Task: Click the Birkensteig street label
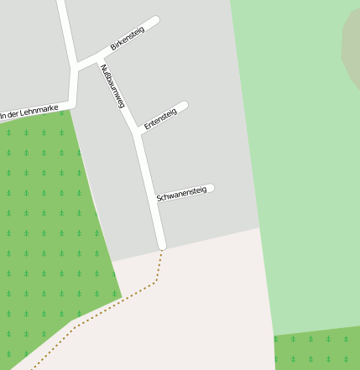(x=128, y=38)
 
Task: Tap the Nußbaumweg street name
(x=112, y=86)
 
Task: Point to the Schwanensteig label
(x=181, y=194)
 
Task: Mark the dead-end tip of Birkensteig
(x=154, y=20)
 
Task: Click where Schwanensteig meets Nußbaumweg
(x=154, y=202)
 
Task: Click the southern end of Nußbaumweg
(x=162, y=246)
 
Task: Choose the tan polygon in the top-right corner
(x=352, y=46)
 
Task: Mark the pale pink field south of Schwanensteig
(x=201, y=310)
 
